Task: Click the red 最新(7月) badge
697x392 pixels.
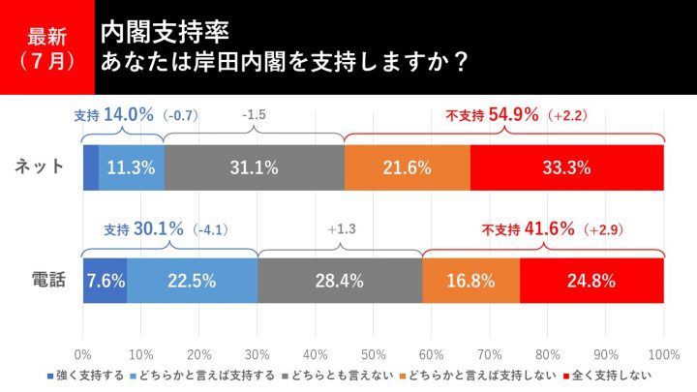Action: pos(47,47)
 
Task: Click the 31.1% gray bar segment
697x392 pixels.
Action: pos(254,166)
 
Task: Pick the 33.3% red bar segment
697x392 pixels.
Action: pos(567,166)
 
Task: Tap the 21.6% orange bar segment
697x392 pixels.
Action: pos(407,166)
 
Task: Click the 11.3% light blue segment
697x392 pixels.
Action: pos(131,166)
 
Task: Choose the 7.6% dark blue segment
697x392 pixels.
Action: pos(105,282)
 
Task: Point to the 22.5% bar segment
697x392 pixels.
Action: pos(192,282)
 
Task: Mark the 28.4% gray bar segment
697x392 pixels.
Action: pos(340,282)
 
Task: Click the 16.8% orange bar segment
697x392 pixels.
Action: pos(471,282)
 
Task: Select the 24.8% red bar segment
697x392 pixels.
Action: pos(591,282)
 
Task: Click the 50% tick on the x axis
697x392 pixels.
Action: pos(373,352)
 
